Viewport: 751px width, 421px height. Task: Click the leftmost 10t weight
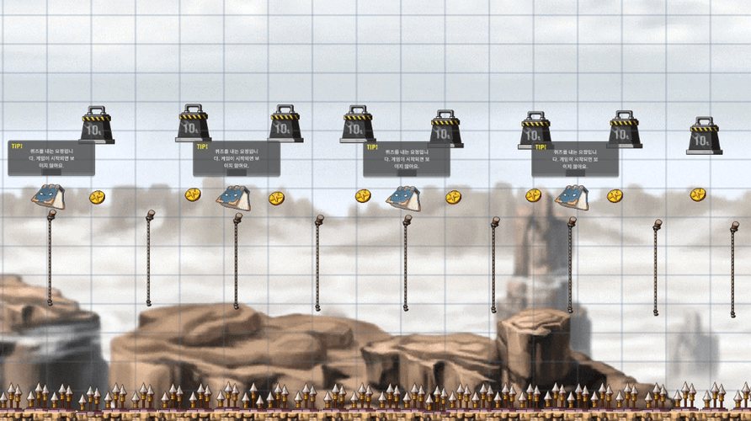[x=97, y=125]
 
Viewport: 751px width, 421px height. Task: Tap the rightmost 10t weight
[x=704, y=136]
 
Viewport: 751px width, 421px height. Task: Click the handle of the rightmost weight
[x=704, y=121]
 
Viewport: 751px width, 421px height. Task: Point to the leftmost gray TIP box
[x=51, y=158]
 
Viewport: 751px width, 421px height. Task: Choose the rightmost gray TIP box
[x=574, y=159]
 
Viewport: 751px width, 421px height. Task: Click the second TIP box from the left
[x=236, y=159]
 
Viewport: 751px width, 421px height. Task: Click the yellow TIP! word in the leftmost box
[x=17, y=146]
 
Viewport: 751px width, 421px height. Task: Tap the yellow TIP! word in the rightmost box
[x=540, y=147]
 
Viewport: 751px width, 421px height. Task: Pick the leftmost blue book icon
[x=48, y=197]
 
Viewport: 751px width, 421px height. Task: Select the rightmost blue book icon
[x=571, y=197]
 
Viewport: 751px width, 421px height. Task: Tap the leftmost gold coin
[x=98, y=197]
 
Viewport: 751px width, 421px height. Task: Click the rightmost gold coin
[x=698, y=195]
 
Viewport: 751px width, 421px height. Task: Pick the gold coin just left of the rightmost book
[x=533, y=195]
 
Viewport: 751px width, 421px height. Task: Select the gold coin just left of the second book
[x=193, y=195]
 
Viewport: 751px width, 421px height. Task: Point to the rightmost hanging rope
[x=733, y=269]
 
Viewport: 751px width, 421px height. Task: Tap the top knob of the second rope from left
[x=151, y=214]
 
